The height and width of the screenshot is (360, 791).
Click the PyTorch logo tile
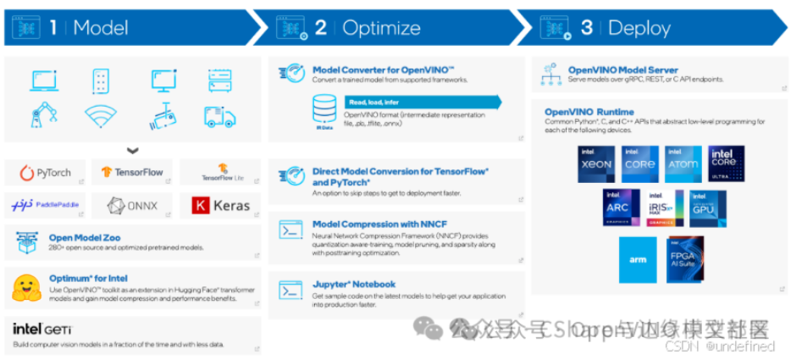[46, 173]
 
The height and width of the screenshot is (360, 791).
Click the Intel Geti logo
[42, 329]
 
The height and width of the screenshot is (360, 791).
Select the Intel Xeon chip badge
[595, 163]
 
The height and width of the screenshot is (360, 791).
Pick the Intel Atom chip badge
[683, 163]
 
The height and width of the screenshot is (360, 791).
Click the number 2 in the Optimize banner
[320, 28]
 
